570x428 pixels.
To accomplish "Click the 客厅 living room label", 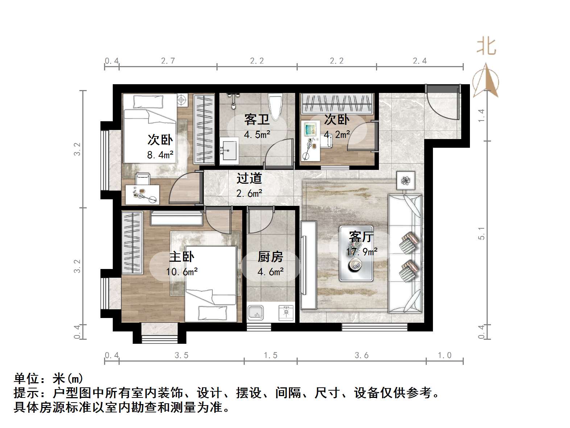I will coord(361,237).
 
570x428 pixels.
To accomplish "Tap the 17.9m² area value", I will coord(362,252).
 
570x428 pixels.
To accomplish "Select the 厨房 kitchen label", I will coord(270,257).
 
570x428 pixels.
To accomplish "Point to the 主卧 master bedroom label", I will coord(182,257).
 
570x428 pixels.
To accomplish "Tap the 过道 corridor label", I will coord(249,178).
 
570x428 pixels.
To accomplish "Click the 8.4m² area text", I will coord(160,155).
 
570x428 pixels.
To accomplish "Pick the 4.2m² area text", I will coord(337,135).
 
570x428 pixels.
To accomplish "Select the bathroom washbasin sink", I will coord(228,149).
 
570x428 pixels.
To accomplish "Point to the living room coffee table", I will coord(356,253).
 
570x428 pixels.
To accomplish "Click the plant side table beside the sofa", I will coord(405,180).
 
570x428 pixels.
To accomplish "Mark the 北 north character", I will coord(486,46).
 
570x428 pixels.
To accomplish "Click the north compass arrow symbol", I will coord(486,81).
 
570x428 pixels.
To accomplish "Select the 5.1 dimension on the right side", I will coord(482,233).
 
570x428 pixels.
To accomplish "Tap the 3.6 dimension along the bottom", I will coord(362,355).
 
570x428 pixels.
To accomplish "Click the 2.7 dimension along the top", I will coord(168,61).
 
